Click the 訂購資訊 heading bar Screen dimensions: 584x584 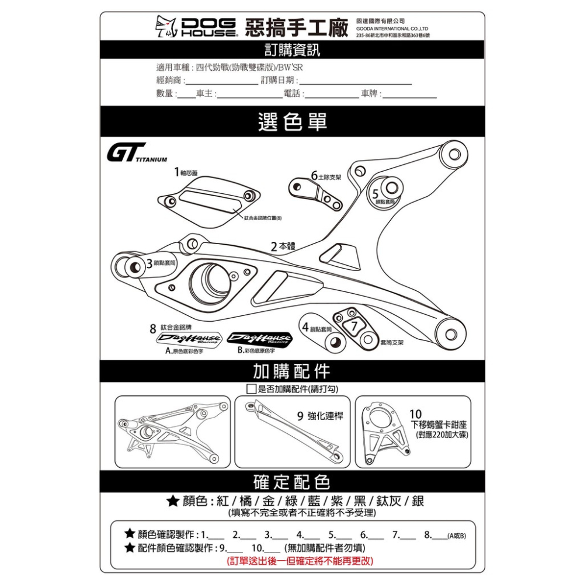(292, 50)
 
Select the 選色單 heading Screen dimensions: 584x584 (292, 121)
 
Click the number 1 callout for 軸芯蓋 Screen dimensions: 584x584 (176, 172)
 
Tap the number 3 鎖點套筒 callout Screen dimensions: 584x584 (150, 263)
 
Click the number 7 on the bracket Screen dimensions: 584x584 (353, 326)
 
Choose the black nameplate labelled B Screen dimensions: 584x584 (259, 339)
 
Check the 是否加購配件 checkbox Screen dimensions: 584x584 (251, 389)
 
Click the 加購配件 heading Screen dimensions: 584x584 (292, 371)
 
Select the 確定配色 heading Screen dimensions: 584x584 (292, 482)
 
